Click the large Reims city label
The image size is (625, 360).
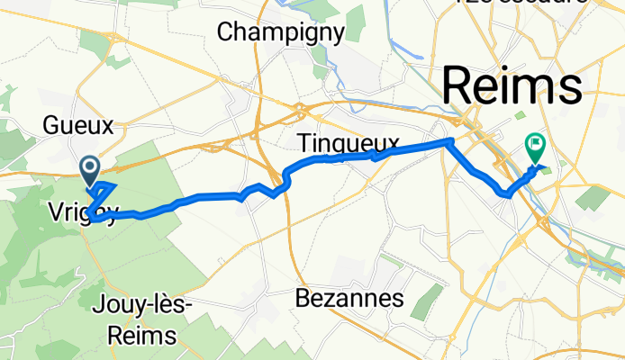[x=512, y=87]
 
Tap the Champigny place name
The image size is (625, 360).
[x=282, y=33]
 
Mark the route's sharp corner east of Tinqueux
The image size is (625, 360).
[x=448, y=141]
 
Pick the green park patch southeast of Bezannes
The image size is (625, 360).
[x=426, y=301]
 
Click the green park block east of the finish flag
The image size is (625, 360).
[x=592, y=197]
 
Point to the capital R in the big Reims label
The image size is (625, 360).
[x=459, y=87]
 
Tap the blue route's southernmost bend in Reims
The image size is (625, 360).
[x=507, y=193]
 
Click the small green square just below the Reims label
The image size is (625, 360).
[x=520, y=115]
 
